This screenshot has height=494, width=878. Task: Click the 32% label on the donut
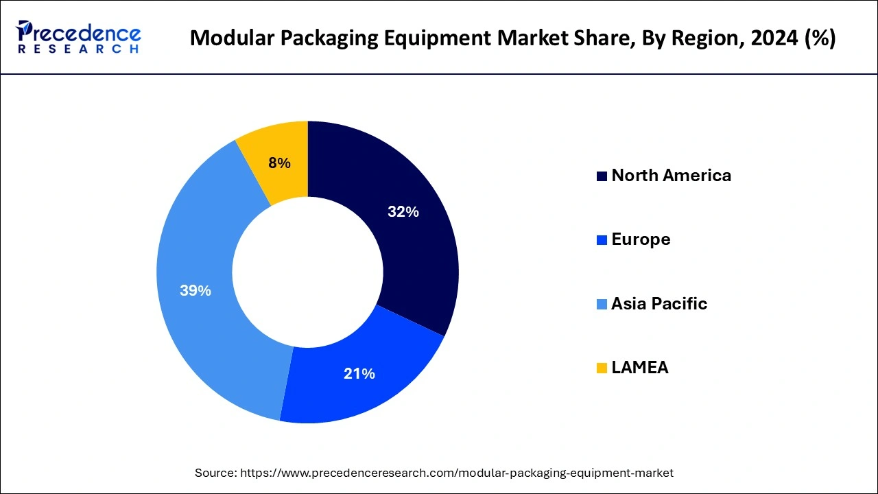pos(403,212)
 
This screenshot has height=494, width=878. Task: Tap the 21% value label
pos(359,374)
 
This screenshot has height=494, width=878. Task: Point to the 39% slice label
pos(195,291)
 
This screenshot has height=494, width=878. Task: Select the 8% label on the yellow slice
pos(279,163)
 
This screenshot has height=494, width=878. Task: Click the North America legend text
pos(671,176)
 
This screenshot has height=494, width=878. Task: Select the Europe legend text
pos(641,239)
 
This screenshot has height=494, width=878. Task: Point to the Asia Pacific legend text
pos(658,304)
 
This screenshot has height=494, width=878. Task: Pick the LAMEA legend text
pos(639,368)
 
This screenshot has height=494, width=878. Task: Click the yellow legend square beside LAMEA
pos(602,368)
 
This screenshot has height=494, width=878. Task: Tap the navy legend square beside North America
pos(602,176)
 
